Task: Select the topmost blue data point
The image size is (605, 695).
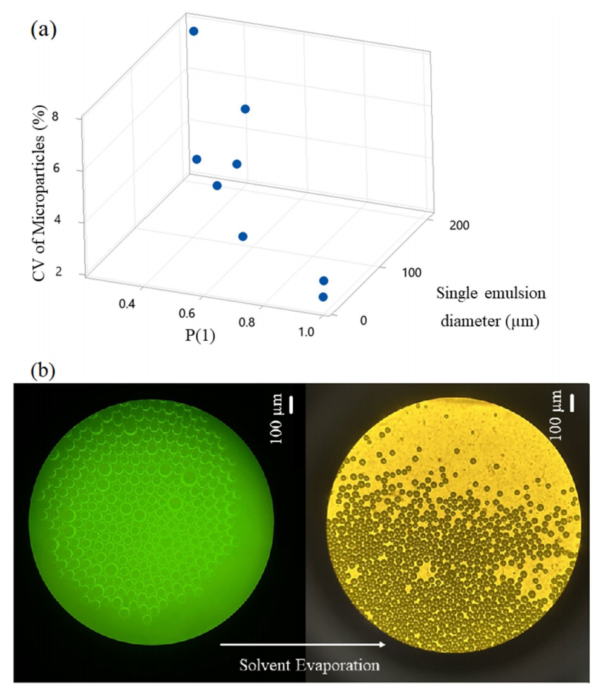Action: point(194,31)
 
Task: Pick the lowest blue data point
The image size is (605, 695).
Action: point(323,296)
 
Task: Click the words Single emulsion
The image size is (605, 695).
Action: point(491,294)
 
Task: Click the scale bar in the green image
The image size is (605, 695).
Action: point(292,405)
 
